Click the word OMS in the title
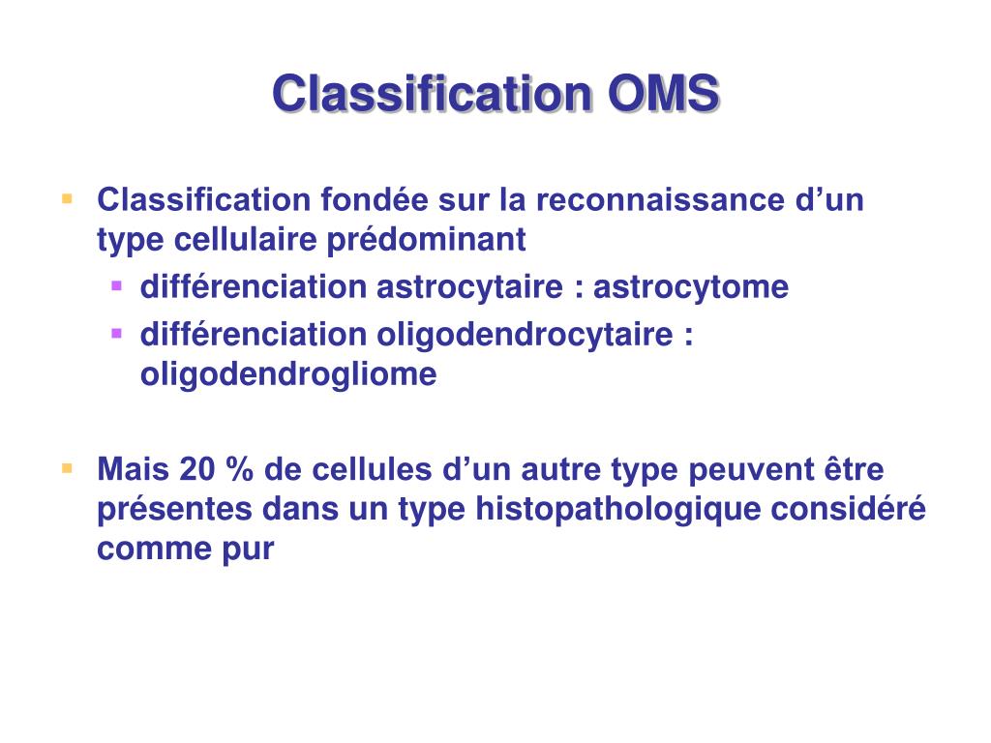tap(664, 95)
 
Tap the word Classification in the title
tap(432, 95)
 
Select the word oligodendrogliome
tap(288, 373)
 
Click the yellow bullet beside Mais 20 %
tap(67, 468)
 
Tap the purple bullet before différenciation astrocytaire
tap(116, 285)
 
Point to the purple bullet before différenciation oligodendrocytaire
tap(116, 333)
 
